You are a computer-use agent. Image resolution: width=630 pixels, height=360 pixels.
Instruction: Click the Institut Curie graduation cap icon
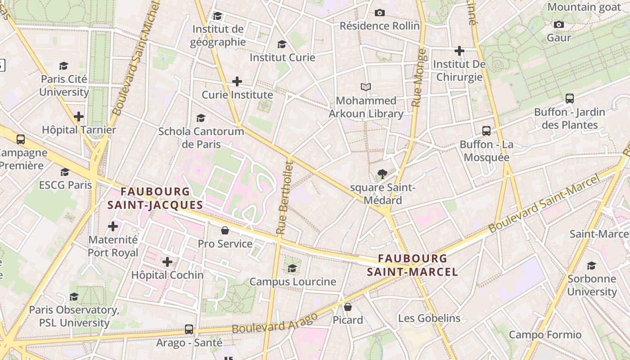282,44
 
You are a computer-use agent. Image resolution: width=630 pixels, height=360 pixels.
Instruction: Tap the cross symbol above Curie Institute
237,81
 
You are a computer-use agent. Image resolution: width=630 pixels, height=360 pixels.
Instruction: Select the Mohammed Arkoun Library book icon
366,87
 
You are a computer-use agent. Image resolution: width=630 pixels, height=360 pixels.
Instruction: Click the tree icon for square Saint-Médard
382,174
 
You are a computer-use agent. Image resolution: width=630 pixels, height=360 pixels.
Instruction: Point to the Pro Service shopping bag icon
225,230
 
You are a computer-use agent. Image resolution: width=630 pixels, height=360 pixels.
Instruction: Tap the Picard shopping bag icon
348,307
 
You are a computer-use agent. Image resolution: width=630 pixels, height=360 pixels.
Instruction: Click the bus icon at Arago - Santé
189,329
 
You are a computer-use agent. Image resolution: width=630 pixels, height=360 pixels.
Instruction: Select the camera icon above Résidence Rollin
380,13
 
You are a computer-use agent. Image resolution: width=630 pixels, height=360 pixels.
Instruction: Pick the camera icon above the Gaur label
559,24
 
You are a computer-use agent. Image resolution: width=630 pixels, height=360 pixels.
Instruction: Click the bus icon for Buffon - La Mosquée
486,131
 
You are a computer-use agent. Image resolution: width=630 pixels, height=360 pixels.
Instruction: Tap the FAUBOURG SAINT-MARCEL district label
412,265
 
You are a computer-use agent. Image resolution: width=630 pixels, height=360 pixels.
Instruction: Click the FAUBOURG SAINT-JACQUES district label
155,198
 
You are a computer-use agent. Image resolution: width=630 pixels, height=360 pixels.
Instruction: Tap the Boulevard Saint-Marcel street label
544,205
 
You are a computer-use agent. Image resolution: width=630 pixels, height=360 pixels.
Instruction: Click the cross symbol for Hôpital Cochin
167,261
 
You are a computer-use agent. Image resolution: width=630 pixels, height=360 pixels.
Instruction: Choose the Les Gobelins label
429,318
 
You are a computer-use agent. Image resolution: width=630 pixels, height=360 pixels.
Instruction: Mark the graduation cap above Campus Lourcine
292,269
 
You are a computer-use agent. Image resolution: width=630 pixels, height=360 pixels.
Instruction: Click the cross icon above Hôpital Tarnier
79,117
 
